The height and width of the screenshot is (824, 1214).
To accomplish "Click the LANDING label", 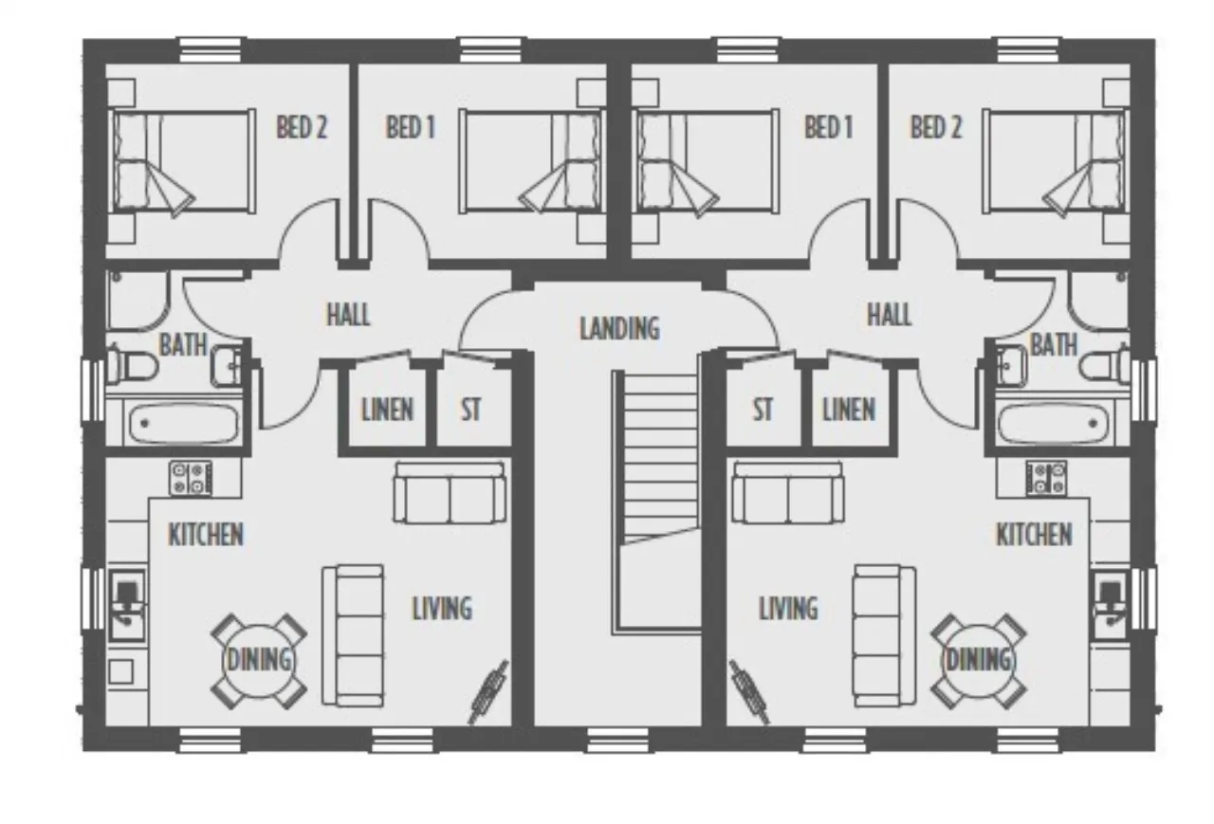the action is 619,328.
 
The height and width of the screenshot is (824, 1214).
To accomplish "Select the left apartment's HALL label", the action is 348,314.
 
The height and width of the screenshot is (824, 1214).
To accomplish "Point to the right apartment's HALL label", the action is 889,314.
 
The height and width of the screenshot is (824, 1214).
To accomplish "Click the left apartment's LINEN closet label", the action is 388,410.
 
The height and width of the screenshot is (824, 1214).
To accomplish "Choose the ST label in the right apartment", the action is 763,410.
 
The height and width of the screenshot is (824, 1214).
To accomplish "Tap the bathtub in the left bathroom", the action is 184,423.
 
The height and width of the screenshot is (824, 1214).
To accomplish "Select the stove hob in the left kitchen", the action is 191,478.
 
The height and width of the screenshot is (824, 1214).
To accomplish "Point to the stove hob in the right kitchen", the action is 1046,478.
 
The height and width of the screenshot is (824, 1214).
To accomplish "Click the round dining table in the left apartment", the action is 259,662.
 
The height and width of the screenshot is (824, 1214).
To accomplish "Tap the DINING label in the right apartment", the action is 978,660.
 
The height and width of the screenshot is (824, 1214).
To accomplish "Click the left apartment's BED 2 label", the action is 302,127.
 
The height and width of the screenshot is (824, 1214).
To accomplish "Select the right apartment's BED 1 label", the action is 828,127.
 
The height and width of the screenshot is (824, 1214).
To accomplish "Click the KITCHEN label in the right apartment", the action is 1034,535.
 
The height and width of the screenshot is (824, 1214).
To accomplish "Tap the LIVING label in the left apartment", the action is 442,609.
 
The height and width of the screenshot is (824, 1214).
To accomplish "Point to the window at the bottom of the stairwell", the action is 617,740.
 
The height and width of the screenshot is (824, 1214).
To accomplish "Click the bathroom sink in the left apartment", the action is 228,366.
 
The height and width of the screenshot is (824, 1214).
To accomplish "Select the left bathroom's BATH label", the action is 183,344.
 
